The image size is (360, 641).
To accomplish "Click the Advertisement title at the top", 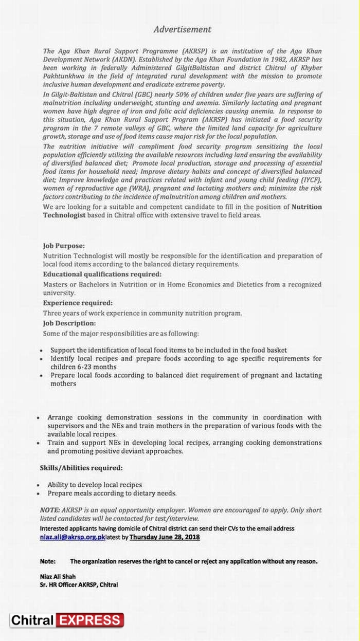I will tap(182, 29).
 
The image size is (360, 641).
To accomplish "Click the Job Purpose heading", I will tap(64, 246).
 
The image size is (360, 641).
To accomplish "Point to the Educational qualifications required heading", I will tap(102, 274).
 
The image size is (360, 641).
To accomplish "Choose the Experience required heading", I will tap(78, 303).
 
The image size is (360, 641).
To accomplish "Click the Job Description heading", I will tap(69, 323).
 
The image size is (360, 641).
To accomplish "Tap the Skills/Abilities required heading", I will tap(81, 468).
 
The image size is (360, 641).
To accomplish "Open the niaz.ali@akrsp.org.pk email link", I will tap(72, 537).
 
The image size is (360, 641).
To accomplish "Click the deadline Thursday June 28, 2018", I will tap(165, 537).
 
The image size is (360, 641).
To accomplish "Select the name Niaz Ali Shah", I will tap(58, 577).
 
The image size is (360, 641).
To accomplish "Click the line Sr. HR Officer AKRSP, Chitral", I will tap(79, 585).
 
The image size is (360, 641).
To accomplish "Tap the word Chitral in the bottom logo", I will tap(32, 620).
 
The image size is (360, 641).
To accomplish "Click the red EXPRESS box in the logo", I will tap(89, 620).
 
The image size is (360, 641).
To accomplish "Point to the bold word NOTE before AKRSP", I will tap(49, 510).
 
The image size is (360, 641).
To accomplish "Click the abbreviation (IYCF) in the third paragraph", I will tap(308, 180).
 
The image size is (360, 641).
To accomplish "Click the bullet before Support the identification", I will tap(41, 351).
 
